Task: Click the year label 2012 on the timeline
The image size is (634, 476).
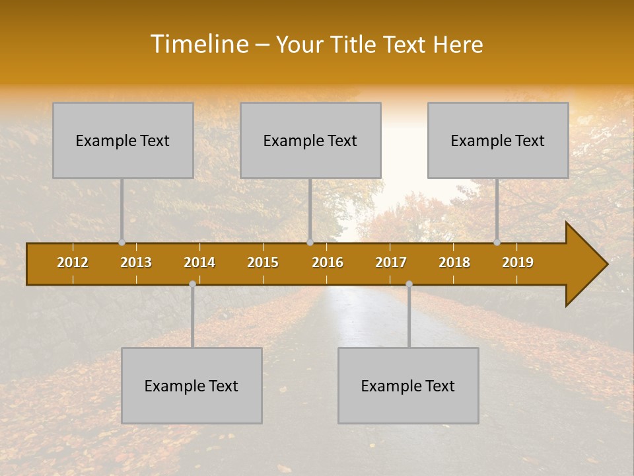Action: coord(73,262)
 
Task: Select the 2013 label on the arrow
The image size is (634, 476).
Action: coord(136,262)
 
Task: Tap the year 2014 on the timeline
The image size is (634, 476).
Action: coord(199,262)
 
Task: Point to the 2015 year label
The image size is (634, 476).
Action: coord(263,262)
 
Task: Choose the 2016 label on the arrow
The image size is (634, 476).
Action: coord(328,262)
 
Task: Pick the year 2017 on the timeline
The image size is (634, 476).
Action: coord(391,262)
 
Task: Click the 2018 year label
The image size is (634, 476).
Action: coord(454,262)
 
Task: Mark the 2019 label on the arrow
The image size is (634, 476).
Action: coord(518,262)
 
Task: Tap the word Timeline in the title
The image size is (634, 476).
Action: coord(198,44)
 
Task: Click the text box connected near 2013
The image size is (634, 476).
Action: coord(123,140)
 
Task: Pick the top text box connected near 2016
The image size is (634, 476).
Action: coord(310,140)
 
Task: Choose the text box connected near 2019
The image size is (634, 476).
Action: coord(498,140)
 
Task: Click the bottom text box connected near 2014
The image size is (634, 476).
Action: coord(192,385)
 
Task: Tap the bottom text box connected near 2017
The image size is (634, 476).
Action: coord(408,385)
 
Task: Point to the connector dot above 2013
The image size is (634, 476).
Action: coord(122,243)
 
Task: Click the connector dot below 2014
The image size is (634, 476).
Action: coord(192,284)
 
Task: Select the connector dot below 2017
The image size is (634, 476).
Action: coord(409,284)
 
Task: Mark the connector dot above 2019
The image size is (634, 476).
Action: coord(497,243)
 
